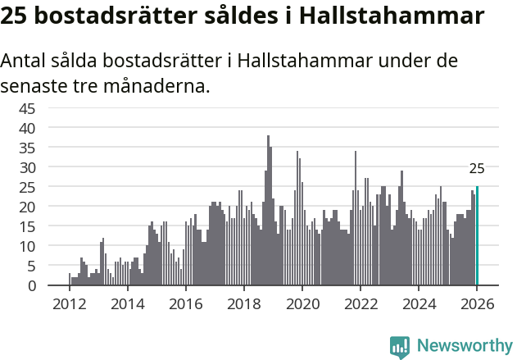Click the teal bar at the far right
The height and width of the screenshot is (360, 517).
click(x=477, y=236)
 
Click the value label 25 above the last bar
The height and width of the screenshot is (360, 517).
click(x=477, y=169)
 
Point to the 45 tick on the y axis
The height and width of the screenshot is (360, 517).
click(x=50, y=108)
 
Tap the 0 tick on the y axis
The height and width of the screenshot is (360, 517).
click(x=54, y=285)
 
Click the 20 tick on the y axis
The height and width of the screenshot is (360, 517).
click(x=50, y=207)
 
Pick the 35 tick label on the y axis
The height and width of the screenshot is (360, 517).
click(x=50, y=148)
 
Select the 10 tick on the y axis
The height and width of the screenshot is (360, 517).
click(x=50, y=246)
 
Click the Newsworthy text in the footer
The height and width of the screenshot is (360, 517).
click(x=465, y=345)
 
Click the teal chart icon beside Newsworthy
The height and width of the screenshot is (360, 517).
click(x=400, y=346)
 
